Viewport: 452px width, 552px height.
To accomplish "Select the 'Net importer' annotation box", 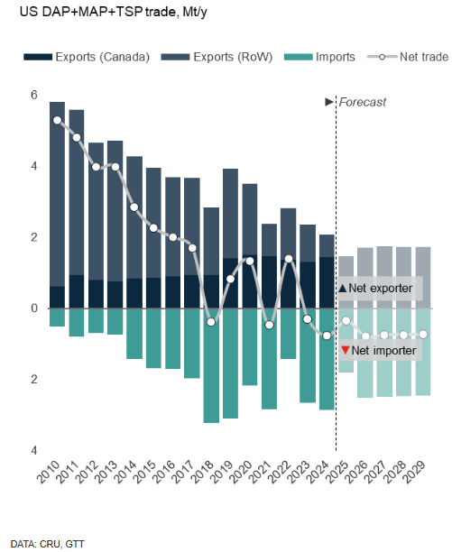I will point(379,349).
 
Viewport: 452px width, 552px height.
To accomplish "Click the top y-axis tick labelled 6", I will point(33,96).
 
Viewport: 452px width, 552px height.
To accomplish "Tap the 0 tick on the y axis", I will point(33,308).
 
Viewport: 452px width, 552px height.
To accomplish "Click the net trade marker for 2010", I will point(57,120).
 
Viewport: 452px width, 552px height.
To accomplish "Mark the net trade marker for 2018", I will point(211,322).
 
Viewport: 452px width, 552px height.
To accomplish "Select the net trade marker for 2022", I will point(289,259).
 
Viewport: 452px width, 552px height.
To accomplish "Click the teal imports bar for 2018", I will point(211,365).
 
